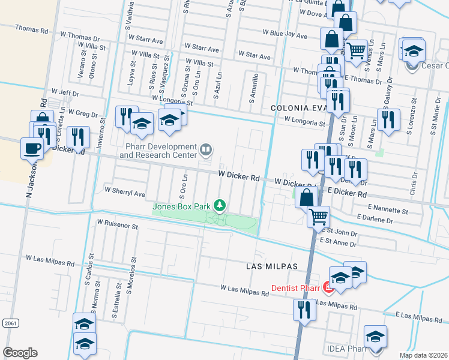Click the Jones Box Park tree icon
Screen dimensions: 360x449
[x=220, y=206]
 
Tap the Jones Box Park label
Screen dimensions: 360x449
[x=181, y=207]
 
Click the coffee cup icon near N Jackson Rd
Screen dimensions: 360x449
[x=32, y=148]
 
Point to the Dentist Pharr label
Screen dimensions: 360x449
[x=295, y=288]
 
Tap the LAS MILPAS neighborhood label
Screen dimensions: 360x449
[x=267, y=265]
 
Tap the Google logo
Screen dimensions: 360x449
[x=20, y=353]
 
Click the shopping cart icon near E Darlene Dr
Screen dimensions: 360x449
[x=319, y=216]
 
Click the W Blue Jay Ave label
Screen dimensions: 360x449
[x=285, y=35]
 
